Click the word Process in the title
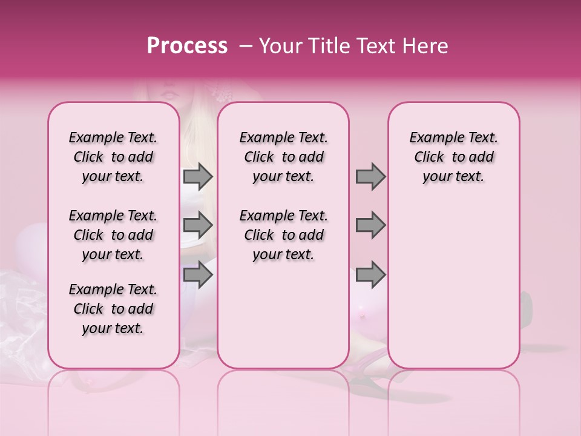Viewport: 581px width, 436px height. pyautogui.click(x=187, y=46)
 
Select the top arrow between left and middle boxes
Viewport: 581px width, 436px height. pyautogui.click(x=198, y=176)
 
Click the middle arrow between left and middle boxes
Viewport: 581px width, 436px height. pyautogui.click(x=198, y=225)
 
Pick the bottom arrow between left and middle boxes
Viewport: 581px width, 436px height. pyautogui.click(x=198, y=274)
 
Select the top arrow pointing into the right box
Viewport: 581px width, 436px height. pyautogui.click(x=370, y=176)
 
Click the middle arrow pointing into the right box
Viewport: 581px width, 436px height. pyautogui.click(x=370, y=225)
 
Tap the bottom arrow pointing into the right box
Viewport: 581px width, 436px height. pyautogui.click(x=370, y=274)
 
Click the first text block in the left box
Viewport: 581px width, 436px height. pyautogui.click(x=113, y=157)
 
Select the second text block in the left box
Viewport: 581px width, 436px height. pyautogui.click(x=113, y=235)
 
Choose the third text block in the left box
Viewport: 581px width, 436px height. pyautogui.click(x=113, y=309)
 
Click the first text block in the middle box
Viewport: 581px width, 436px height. pyautogui.click(x=284, y=157)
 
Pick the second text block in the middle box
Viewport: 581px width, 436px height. pyautogui.click(x=284, y=235)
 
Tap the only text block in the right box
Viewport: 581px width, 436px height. pyautogui.click(x=454, y=157)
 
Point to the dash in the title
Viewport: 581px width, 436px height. pyautogui.click(x=246, y=46)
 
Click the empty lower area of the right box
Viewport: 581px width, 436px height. pyautogui.click(x=454, y=285)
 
